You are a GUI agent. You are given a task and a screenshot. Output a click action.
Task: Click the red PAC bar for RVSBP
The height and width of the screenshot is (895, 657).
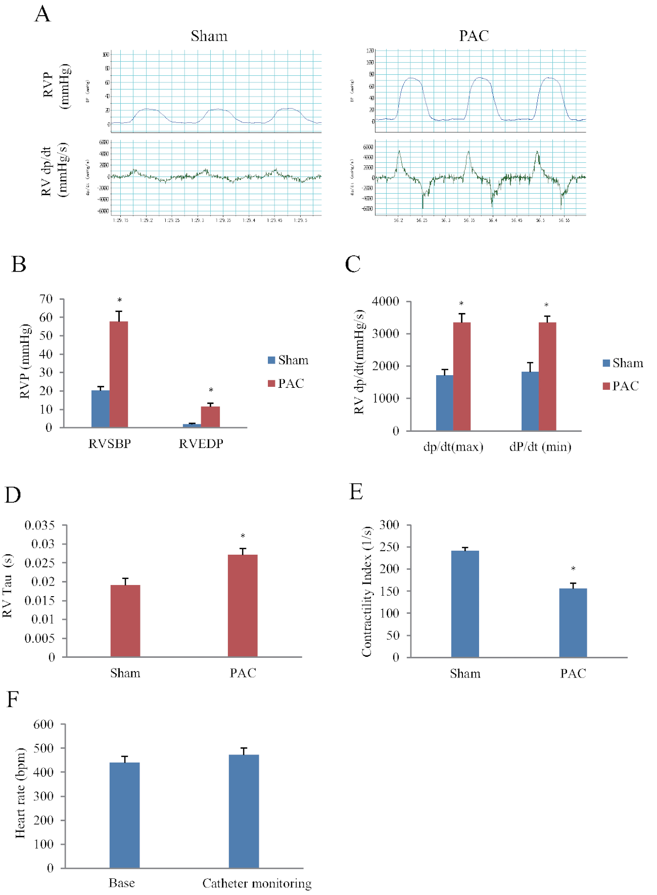[x=119, y=374]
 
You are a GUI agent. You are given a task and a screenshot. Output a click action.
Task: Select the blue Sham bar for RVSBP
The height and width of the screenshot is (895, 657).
[x=101, y=409]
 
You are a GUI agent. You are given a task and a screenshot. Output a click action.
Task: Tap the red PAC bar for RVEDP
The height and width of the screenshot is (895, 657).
[x=210, y=417]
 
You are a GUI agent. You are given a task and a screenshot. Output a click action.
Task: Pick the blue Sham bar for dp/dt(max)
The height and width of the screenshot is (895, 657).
[x=445, y=402]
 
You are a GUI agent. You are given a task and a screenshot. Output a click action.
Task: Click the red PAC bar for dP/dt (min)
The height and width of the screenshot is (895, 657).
[x=547, y=376]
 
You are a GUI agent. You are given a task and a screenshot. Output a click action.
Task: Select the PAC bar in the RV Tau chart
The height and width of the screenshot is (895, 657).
[x=243, y=605]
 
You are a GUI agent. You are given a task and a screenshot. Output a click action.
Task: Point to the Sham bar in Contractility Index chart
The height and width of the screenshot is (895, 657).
[x=465, y=604]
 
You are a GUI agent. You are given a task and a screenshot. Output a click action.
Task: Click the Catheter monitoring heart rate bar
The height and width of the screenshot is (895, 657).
[x=244, y=811]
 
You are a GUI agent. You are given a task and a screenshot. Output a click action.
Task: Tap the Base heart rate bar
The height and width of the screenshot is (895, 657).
[x=124, y=815]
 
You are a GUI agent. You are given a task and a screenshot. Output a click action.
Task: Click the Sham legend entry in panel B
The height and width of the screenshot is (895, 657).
[x=288, y=360]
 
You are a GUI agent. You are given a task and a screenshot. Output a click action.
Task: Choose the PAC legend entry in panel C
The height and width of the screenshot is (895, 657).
[x=621, y=386]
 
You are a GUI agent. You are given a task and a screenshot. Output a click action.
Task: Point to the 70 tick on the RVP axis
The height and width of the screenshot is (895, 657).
[x=46, y=299]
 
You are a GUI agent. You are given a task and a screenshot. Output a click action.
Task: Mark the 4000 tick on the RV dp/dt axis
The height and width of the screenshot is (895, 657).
[x=386, y=301]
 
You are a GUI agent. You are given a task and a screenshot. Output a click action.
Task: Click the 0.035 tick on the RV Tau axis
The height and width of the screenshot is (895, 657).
[x=40, y=525]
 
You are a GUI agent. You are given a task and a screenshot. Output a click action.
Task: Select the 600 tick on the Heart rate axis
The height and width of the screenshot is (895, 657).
[x=43, y=724]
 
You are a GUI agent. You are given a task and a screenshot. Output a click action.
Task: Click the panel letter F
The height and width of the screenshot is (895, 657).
[x=13, y=699]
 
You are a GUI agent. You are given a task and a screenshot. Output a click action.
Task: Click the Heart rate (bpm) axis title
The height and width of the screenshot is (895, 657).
[x=20, y=793]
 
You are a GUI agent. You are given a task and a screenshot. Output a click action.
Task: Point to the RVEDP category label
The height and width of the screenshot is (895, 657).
[x=201, y=443]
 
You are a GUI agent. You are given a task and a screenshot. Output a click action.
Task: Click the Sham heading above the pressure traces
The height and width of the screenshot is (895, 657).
[x=209, y=36]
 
